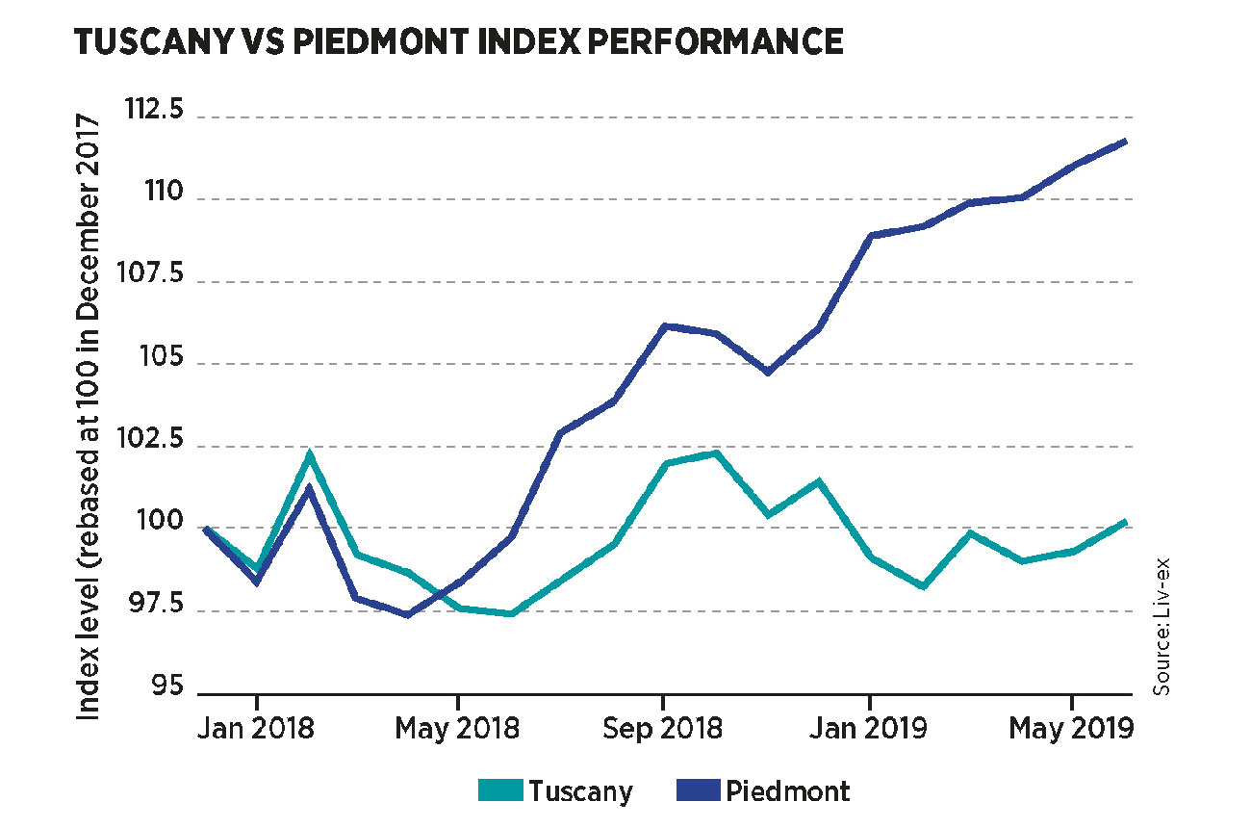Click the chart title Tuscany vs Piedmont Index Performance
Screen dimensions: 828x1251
coord(459,41)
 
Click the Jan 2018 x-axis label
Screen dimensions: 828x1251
coord(257,728)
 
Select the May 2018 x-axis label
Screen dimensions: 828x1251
coord(459,728)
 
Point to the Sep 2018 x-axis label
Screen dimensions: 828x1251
coord(663,728)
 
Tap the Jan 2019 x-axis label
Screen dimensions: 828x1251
coord(870,728)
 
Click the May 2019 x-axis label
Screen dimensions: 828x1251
coord(1071,728)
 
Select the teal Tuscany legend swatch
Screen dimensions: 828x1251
coord(499,791)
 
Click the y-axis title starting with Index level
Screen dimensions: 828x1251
coord(89,416)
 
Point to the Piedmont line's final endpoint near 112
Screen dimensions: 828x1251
coord(1125,142)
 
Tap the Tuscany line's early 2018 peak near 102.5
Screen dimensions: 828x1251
coord(309,453)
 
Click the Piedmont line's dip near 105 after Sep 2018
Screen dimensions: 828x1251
coord(767,372)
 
